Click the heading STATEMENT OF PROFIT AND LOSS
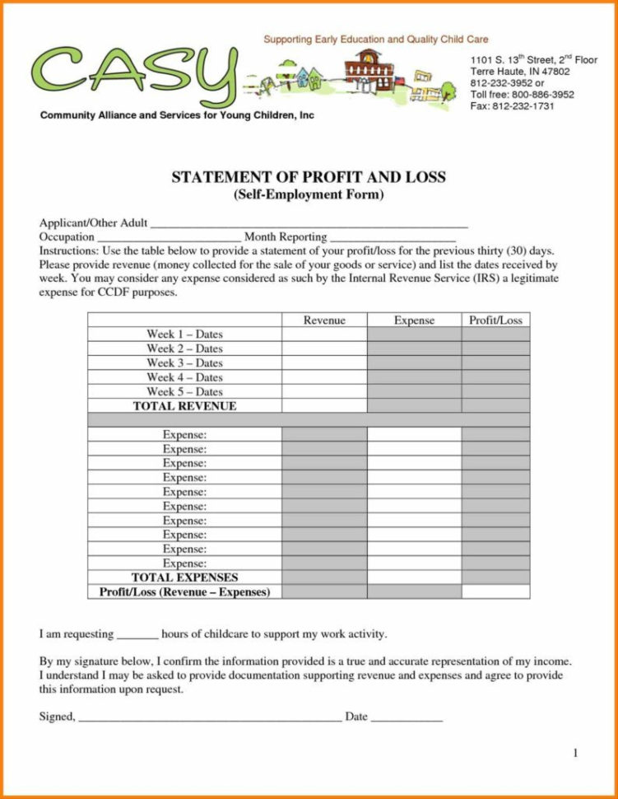[x=308, y=177]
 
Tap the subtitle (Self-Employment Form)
[x=308, y=194]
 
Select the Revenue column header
[x=324, y=320]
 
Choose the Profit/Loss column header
[x=495, y=320]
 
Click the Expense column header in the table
[x=414, y=320]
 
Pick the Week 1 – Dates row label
[x=184, y=334]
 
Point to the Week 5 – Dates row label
[x=184, y=391]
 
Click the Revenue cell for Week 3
[x=324, y=362]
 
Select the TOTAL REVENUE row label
[x=184, y=406]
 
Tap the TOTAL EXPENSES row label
[x=184, y=577]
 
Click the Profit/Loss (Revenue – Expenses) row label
[x=184, y=591]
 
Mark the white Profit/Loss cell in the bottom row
[x=495, y=591]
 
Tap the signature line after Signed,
[x=209, y=717]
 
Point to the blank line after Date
[x=407, y=717]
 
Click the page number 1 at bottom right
[x=575, y=753]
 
